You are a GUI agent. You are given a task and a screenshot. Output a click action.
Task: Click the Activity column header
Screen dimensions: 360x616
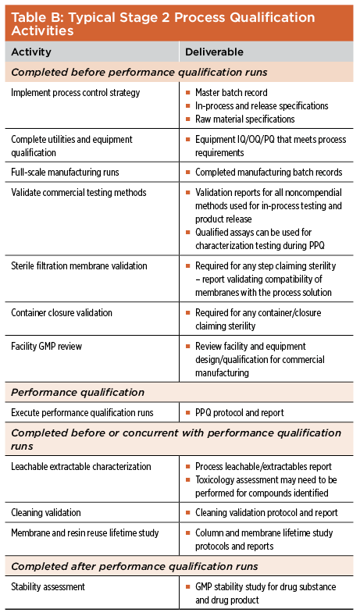[31, 52]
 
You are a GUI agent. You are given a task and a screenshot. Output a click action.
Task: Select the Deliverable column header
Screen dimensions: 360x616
[214, 52]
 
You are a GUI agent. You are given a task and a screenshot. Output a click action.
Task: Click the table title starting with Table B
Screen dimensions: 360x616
[163, 23]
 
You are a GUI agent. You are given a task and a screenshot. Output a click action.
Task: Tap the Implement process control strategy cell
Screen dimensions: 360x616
[76, 93]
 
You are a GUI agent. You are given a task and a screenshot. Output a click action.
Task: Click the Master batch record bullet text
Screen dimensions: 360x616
[231, 93]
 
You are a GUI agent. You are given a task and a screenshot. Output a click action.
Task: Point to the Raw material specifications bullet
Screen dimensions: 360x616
[245, 119]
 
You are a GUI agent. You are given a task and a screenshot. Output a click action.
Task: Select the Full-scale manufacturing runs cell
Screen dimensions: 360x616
[65, 172]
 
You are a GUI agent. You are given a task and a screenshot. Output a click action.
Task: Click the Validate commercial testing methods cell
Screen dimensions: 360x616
[79, 193]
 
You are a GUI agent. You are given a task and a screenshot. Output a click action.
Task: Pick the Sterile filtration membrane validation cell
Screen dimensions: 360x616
[79, 266]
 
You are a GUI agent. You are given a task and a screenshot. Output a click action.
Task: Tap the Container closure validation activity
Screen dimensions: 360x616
[62, 313]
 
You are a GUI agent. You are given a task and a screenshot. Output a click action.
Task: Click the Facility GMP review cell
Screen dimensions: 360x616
[46, 347]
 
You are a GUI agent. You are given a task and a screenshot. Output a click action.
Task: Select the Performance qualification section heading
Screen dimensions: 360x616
[77, 392]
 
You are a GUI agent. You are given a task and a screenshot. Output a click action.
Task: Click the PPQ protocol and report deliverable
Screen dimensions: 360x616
[239, 413]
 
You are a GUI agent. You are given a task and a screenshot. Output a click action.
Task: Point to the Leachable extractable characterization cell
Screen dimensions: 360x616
[81, 467]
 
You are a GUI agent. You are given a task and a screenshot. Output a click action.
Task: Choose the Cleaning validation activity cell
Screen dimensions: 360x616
[46, 513]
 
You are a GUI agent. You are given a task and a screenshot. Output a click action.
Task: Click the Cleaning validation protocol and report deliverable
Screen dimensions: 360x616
[266, 513]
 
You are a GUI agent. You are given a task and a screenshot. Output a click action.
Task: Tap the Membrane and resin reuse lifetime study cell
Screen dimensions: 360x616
[85, 533]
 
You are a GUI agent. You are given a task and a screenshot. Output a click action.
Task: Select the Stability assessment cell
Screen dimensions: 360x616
[48, 587]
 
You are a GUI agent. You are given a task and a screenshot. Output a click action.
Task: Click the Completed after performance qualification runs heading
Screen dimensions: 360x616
[134, 566]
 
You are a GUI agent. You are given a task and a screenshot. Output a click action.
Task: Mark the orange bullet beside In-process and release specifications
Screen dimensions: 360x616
[188, 106]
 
